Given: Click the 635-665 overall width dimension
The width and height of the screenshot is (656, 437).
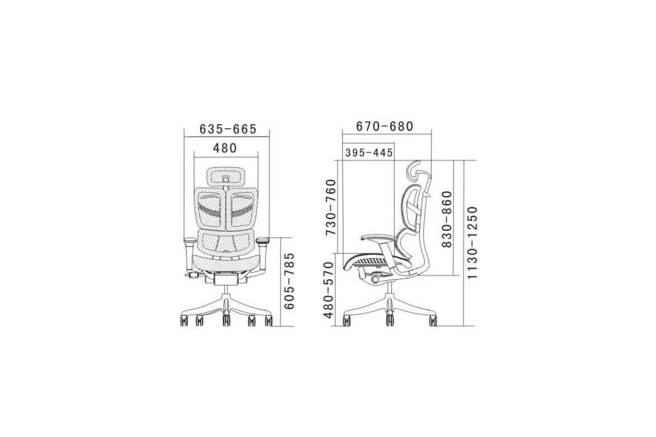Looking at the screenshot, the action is pyautogui.click(x=227, y=129).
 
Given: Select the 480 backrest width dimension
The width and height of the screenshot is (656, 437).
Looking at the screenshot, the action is pyautogui.click(x=224, y=148).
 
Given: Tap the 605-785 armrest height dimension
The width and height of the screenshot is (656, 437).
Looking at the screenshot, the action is pyautogui.click(x=289, y=281).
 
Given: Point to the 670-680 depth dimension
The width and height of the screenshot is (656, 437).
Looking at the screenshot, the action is pyautogui.click(x=384, y=126).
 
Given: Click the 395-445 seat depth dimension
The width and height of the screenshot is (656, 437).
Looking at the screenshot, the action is pyautogui.click(x=369, y=153).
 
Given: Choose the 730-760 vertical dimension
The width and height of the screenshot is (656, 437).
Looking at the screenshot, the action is pyautogui.click(x=331, y=207).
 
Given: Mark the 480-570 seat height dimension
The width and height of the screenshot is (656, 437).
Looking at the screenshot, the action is pyautogui.click(x=329, y=290).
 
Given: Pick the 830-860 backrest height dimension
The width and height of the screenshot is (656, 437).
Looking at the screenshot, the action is pyautogui.click(x=447, y=219).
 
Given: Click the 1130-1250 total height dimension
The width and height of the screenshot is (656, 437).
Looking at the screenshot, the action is pyautogui.click(x=472, y=242).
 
